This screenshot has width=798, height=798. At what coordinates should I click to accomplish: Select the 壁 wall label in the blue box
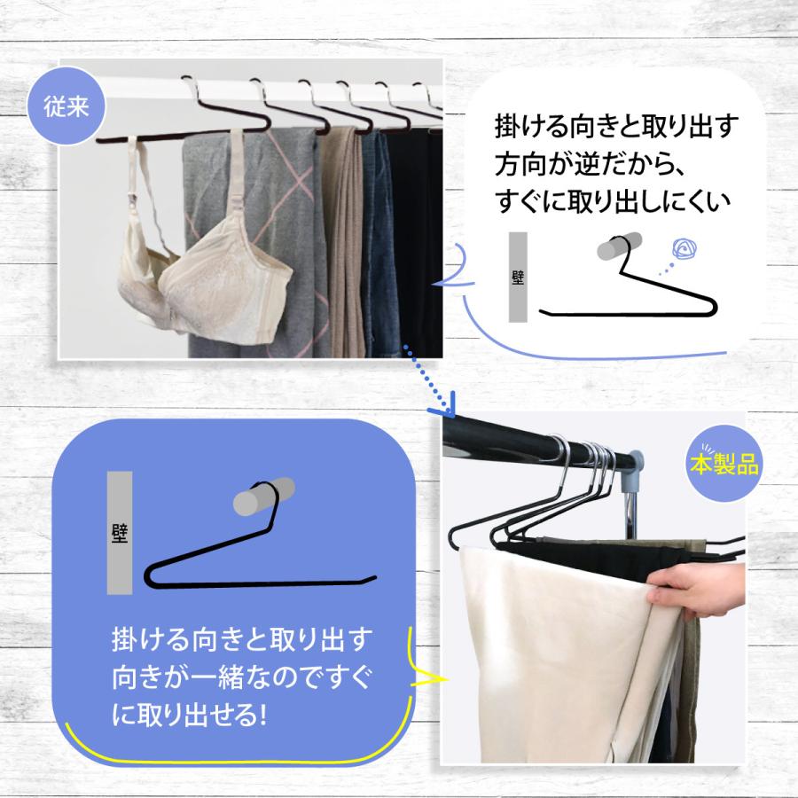[x=120, y=532]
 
